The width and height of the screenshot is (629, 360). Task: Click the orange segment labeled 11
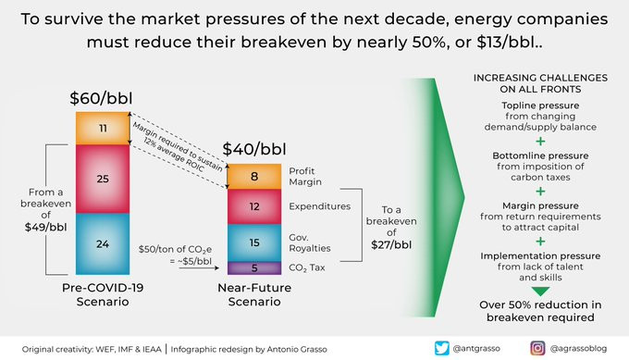pos(103,128)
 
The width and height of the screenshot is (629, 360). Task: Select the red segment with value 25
pos(103,179)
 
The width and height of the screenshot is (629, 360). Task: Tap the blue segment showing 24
pos(103,244)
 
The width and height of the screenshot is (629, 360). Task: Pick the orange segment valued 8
pos(254,176)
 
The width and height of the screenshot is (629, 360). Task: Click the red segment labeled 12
pos(254,206)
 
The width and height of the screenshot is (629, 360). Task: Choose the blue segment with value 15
pos(254,242)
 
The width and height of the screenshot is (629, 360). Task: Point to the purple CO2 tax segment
pos(254,268)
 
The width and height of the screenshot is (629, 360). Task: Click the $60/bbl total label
pos(101,98)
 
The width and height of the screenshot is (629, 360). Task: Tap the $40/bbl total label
pos(254,149)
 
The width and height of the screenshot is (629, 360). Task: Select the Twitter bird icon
pos(441,348)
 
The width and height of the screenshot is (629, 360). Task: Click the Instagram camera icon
pos(537,348)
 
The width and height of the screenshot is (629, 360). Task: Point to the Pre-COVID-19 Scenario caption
pos(103,294)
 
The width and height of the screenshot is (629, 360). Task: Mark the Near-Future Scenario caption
pos(254,294)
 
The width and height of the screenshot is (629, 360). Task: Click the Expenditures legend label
pos(320,206)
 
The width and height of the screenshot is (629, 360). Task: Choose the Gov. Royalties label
pos(310,242)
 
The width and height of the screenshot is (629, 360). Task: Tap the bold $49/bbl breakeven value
pos(45,227)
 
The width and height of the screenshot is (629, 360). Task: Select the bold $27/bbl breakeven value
pos(391,245)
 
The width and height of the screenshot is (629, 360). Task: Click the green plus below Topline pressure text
pos(540,142)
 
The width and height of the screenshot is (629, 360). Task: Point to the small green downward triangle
pos(540,292)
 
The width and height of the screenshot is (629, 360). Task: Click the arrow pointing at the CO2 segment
pos(199,267)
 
